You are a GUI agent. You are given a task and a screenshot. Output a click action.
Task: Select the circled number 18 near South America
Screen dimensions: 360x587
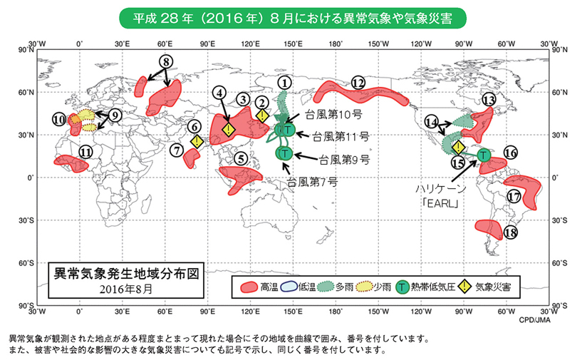tap(509, 232)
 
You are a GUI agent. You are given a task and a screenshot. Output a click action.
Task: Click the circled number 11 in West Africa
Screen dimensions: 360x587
tap(85, 151)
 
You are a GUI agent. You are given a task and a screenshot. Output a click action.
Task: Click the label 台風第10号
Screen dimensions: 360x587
tap(333, 114)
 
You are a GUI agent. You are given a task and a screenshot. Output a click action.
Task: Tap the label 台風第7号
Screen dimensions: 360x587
tap(313, 182)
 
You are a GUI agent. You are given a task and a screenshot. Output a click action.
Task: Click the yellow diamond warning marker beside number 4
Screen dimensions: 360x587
tap(228, 130)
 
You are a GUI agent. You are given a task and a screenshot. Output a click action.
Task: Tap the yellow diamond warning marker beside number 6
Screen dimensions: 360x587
tap(197, 141)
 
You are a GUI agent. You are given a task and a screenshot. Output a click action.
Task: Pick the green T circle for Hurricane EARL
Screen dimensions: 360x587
tap(484, 154)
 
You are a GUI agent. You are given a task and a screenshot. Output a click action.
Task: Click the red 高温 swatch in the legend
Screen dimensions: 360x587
tap(247, 287)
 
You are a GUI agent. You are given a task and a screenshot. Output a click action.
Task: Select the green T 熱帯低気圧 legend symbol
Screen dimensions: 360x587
tap(402, 287)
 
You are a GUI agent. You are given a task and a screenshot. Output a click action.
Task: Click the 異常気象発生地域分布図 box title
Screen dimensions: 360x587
tap(121, 272)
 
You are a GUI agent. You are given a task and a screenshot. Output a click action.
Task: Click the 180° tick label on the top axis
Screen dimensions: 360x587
tap(336, 43)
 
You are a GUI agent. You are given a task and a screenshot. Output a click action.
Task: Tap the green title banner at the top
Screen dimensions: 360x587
tap(293, 15)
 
